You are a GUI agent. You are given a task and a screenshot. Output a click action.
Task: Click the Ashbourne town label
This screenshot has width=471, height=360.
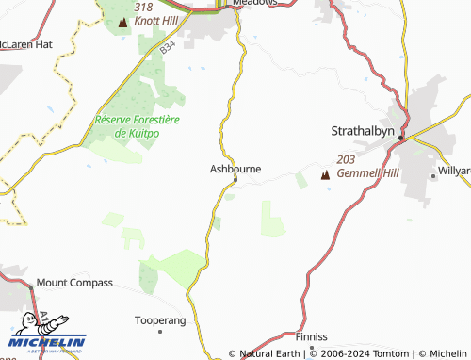(235, 169)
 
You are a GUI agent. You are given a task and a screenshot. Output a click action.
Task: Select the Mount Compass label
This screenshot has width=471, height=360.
(74, 283)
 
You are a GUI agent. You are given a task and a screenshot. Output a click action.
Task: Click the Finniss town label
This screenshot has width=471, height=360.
(310, 336)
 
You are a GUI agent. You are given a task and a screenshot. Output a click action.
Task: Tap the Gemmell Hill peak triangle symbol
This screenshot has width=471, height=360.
(326, 174)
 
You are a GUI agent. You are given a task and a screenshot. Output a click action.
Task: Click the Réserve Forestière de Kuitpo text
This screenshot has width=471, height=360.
(130, 126)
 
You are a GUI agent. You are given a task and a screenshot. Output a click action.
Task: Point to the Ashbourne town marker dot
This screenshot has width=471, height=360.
(235, 179)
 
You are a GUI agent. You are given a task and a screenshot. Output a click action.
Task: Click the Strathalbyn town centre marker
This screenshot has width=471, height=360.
(400, 139)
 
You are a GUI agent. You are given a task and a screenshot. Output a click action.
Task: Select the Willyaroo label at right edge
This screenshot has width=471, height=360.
(453, 172)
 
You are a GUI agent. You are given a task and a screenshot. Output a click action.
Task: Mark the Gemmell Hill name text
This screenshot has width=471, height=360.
(363, 174)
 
